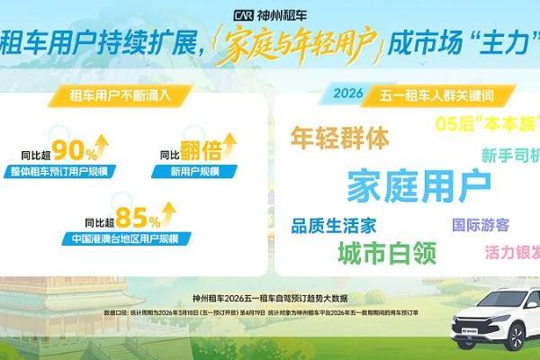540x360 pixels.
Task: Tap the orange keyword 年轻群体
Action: pos(339,138)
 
